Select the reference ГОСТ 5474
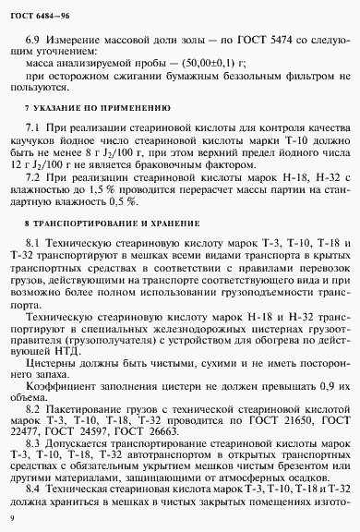click(x=258, y=42)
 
